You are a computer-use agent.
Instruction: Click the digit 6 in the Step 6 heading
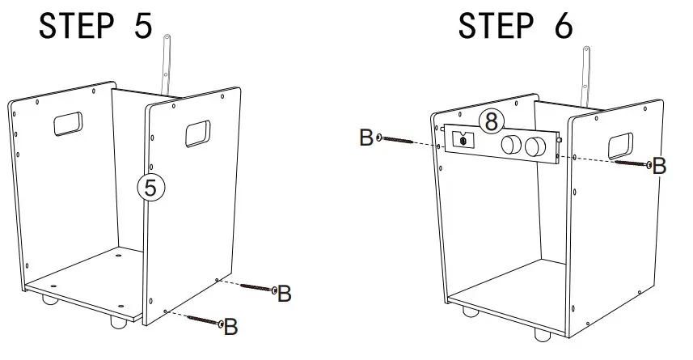point(560,26)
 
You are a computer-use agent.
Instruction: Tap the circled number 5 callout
point(150,186)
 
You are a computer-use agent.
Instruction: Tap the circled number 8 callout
point(491,122)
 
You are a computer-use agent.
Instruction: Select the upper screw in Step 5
point(259,288)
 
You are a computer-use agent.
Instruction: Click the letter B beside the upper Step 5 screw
point(284,294)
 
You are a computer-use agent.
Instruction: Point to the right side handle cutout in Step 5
point(198,133)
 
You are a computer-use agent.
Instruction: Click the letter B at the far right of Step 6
point(659,167)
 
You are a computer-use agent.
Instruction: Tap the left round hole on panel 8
point(511,146)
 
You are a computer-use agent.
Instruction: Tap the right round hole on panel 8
point(534,147)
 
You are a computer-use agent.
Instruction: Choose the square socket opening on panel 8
point(463,139)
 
